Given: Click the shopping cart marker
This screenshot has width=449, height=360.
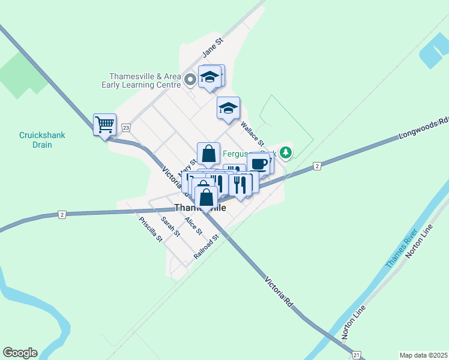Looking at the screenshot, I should pos(104,125).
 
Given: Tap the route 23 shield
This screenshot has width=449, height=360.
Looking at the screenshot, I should pos(125,127).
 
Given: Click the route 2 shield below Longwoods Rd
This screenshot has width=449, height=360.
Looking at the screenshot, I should pos(316,166).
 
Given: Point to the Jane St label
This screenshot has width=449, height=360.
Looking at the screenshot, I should pos(212,48).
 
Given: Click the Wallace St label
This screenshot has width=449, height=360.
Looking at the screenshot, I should pos(252,134).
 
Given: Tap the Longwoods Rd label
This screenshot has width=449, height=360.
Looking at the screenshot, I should pos(423,128).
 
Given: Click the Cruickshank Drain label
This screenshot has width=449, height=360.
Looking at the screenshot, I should pos(43,140).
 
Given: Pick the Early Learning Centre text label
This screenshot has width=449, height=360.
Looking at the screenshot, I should pos(145,80).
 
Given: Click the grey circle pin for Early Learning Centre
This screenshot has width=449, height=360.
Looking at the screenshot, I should pos(190,79).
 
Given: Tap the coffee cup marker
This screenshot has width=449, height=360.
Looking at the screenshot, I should pos(259,163).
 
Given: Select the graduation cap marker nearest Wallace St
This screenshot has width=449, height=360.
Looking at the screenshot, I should pos(228,108).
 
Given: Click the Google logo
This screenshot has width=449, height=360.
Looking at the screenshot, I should pos(20,353).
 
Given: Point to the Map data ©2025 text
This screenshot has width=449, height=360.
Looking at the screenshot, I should pos(423,355).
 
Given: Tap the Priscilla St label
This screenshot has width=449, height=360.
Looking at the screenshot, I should pos(151,229).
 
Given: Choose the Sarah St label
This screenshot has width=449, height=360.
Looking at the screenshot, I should pos(170,227).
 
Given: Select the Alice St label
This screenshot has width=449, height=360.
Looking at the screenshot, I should pos(193,226).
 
